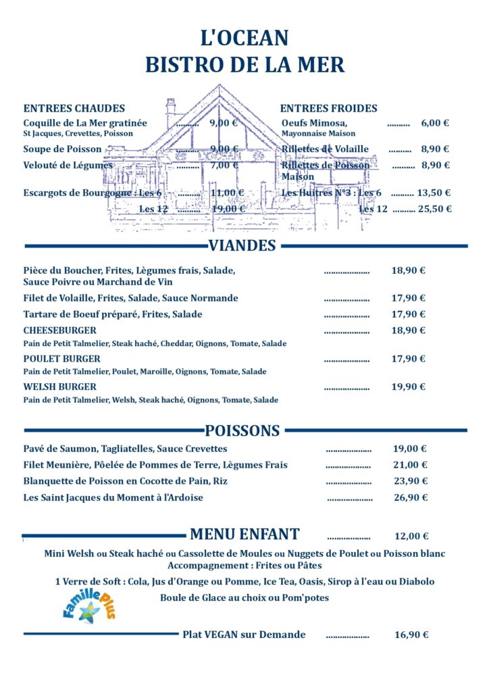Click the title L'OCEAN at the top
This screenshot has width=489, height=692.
click(x=244, y=38)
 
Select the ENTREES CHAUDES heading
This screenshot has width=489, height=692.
click(x=74, y=108)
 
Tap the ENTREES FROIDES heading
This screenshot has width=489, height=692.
click(x=329, y=108)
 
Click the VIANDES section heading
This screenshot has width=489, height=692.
click(x=242, y=245)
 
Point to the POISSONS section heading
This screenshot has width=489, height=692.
click(x=242, y=430)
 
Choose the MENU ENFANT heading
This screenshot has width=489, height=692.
click(x=244, y=535)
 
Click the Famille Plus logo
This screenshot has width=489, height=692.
click(x=89, y=603)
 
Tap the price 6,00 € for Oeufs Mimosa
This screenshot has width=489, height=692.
click(x=435, y=123)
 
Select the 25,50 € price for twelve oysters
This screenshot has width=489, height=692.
click(x=434, y=209)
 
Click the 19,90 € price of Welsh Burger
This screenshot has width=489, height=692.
click(x=409, y=387)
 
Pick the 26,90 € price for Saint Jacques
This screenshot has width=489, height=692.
click(x=410, y=498)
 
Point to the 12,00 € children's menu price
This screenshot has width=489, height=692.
click(x=411, y=537)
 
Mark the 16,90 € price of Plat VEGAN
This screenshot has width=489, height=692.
click(x=411, y=635)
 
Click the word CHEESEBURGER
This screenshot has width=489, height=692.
click(x=60, y=330)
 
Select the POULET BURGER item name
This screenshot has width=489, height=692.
click(x=61, y=359)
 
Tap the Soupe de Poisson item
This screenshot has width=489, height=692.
click(x=62, y=149)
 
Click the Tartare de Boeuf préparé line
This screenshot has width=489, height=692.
click(x=113, y=314)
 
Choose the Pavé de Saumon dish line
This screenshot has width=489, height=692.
click(x=125, y=449)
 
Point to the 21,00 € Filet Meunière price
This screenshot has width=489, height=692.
click(x=410, y=465)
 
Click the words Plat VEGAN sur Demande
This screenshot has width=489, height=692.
click(x=244, y=635)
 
